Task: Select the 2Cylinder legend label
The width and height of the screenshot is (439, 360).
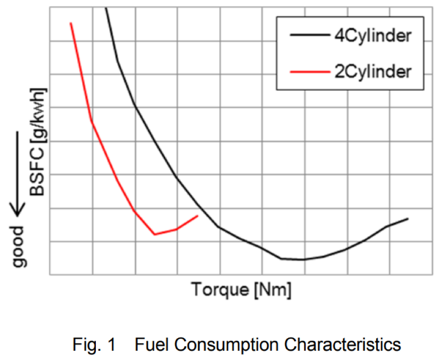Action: click(x=373, y=71)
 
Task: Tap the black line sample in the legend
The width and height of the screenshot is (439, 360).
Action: click(x=309, y=36)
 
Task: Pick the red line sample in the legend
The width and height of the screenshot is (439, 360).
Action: click(x=309, y=72)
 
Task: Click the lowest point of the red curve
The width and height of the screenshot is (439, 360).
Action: click(x=155, y=234)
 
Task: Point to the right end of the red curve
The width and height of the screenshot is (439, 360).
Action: click(x=197, y=216)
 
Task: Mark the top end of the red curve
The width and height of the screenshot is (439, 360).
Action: click(x=71, y=23)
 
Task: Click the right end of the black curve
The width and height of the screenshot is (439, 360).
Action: click(x=408, y=219)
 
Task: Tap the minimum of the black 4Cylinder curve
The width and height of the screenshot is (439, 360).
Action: click(x=303, y=260)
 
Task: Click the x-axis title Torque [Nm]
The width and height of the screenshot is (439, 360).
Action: click(x=242, y=291)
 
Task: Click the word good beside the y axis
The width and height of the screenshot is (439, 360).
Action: click(x=20, y=246)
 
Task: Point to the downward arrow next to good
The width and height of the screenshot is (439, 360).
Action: click(x=18, y=172)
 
